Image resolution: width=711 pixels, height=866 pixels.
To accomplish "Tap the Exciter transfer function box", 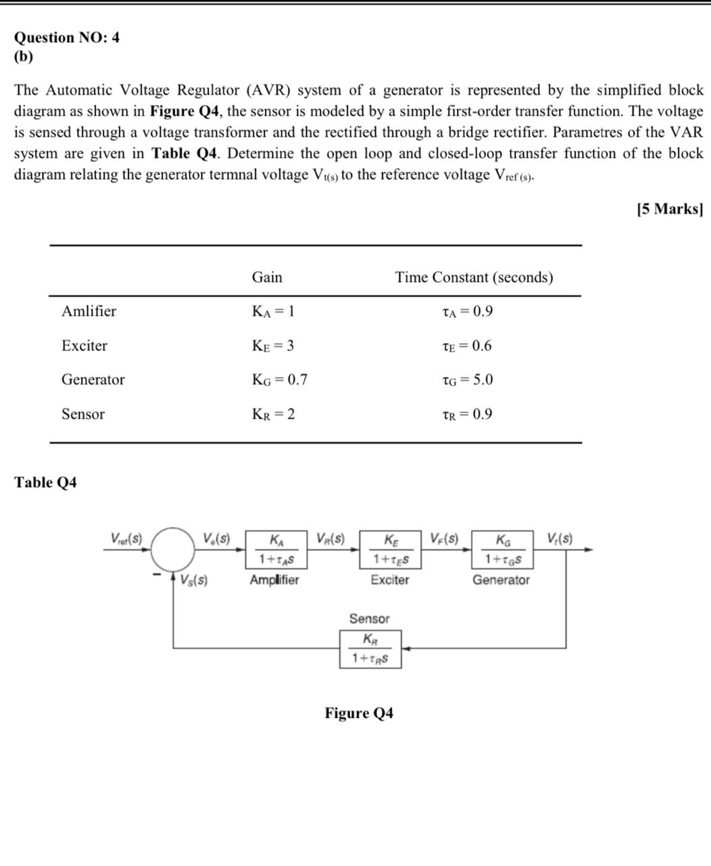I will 391,549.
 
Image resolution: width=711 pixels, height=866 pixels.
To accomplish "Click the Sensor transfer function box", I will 370,649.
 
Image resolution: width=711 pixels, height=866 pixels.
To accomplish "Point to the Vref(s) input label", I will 126,539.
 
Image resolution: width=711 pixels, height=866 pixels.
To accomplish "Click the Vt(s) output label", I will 560,539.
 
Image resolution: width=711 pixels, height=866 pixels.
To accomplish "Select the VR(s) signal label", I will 330,539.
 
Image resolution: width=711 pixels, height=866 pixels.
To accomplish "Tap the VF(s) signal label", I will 444,539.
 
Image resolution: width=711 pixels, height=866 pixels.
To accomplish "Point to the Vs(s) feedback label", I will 194,580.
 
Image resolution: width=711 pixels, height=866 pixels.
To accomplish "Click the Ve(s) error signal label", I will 216,539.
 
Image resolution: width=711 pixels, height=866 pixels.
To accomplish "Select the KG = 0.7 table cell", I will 279,380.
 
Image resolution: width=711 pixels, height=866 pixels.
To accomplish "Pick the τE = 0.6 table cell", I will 466,346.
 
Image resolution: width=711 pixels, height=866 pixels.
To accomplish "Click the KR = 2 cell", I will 273,414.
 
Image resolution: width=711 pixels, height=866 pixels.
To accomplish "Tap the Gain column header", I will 267,277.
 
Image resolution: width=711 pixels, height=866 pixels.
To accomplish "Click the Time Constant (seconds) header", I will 474,277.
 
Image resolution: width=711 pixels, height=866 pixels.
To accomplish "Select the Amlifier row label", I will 89,311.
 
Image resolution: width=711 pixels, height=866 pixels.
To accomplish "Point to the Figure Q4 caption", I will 359,713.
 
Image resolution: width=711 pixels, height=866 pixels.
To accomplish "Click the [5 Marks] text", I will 669,208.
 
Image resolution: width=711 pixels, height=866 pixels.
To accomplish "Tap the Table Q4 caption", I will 45,482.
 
